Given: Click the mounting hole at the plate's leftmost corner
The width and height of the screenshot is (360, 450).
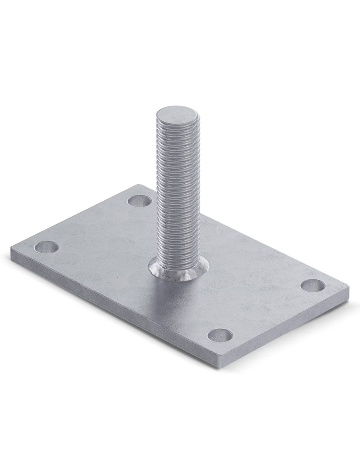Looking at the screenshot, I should coord(46,247).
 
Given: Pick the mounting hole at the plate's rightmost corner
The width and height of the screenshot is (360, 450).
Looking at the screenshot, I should coord(313,285).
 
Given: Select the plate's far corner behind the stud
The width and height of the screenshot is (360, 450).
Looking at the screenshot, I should coord(140,185).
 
